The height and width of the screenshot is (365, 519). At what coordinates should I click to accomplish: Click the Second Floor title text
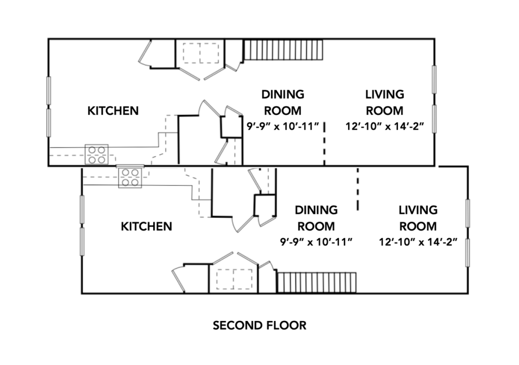[x=259, y=325]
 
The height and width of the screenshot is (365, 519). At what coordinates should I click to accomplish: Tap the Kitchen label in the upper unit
[x=113, y=111]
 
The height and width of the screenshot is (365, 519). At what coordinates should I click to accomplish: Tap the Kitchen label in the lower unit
[x=146, y=227]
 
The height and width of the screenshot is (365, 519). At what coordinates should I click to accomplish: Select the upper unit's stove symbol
[x=97, y=154]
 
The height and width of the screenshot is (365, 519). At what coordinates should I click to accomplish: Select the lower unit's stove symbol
[x=130, y=177]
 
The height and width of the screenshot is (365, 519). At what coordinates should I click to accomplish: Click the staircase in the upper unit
[x=283, y=50]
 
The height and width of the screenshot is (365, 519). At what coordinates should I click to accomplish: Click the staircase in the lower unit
[x=317, y=283]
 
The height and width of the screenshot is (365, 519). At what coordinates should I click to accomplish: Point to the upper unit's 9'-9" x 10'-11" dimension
[x=283, y=126]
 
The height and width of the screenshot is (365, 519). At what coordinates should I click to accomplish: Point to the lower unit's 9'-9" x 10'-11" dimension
[x=316, y=242]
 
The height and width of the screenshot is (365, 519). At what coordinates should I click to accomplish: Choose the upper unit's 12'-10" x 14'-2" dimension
[x=385, y=126]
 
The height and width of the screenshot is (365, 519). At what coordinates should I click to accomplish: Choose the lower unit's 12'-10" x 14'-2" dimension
[x=418, y=242]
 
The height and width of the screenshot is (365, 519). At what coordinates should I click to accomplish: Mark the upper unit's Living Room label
[x=385, y=102]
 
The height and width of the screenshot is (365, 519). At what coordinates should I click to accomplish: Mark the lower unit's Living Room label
[x=418, y=218]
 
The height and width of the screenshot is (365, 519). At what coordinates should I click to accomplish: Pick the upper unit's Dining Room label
[x=283, y=102]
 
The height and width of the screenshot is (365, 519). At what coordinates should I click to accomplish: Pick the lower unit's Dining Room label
[x=316, y=218]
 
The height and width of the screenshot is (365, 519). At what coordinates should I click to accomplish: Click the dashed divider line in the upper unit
[x=324, y=143]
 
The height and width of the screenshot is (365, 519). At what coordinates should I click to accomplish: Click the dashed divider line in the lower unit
[x=358, y=189]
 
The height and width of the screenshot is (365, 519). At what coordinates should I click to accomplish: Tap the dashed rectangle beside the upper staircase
[x=201, y=53]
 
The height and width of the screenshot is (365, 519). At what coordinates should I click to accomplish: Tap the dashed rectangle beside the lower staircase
[x=234, y=279]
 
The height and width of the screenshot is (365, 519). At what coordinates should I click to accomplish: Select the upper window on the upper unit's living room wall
[x=434, y=80]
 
